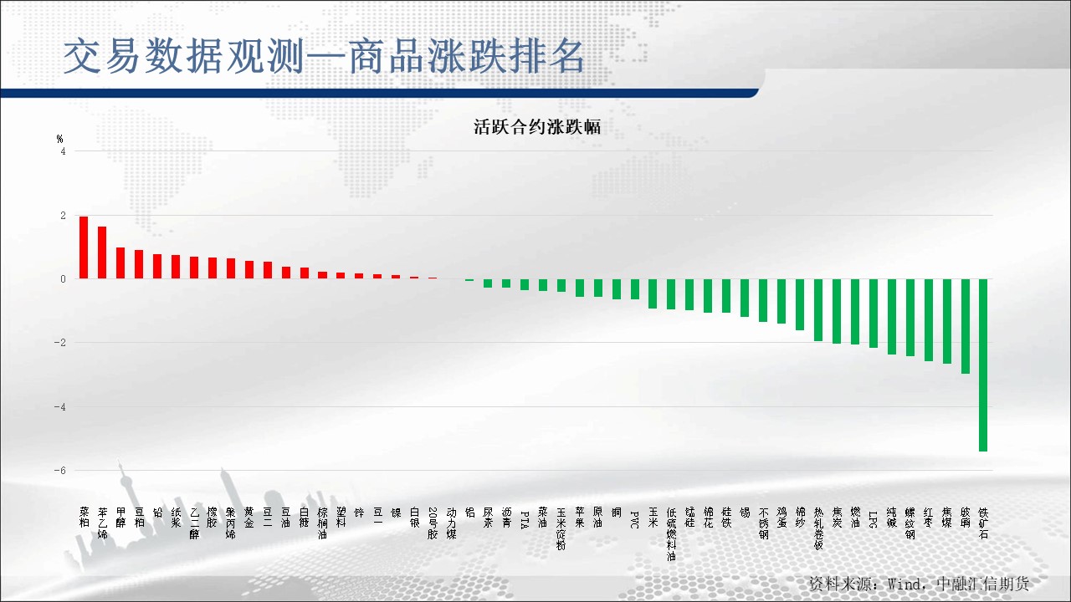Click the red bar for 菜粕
click(x=84, y=247)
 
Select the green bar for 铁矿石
click(x=983, y=365)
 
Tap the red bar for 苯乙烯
click(x=102, y=253)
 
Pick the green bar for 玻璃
click(x=965, y=326)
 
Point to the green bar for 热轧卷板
click(x=817, y=309)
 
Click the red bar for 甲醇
click(x=120, y=263)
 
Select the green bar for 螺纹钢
click(x=910, y=318)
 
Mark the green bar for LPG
click(x=873, y=313)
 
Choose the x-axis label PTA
click(x=525, y=518)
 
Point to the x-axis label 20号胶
click(x=433, y=522)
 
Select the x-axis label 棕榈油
click(x=322, y=523)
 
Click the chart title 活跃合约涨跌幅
click(x=537, y=127)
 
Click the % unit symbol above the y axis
click(x=60, y=139)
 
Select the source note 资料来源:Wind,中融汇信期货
click(x=919, y=583)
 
